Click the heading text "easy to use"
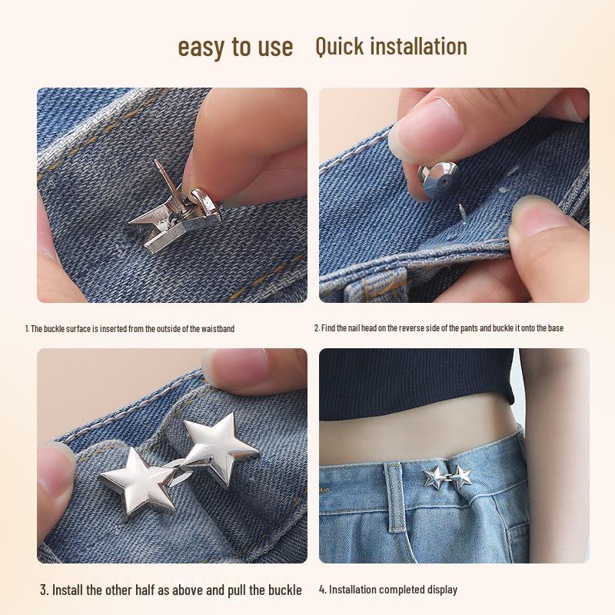tap(235, 47)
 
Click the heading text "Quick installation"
tap(391, 46)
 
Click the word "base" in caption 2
tap(555, 328)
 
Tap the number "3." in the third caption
tap(45, 590)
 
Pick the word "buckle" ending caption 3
tap(284, 590)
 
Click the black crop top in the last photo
tap(415, 384)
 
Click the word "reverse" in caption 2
tap(421, 328)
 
